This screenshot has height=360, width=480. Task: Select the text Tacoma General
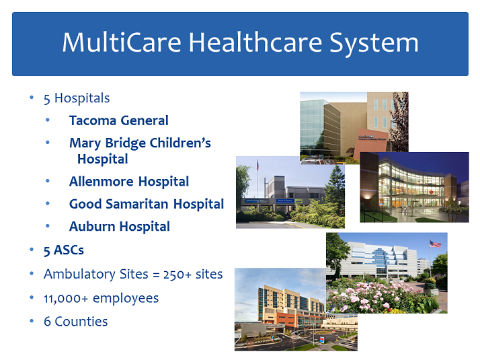[118, 120]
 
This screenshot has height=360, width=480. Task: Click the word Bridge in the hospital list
[128, 143]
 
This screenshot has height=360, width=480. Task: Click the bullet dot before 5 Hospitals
[32, 98]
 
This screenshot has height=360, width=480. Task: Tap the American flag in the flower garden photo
[435, 244]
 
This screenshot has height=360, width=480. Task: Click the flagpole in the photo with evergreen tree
[257, 178]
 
